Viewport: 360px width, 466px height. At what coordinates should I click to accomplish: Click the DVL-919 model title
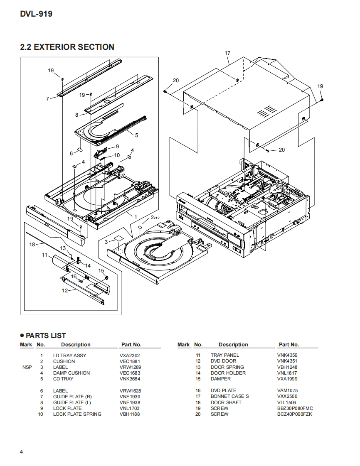(36, 14)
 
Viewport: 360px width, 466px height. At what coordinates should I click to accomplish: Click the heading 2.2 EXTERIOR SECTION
(67, 47)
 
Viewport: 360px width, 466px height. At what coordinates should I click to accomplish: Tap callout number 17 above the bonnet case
(227, 53)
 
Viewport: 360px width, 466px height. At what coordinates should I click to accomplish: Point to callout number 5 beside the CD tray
(137, 135)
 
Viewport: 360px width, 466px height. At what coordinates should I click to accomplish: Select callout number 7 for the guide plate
(48, 99)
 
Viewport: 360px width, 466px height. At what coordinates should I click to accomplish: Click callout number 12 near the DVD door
(64, 290)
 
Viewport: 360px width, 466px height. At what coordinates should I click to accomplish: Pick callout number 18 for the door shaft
(32, 244)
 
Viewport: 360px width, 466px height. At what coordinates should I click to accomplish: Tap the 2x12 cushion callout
(155, 218)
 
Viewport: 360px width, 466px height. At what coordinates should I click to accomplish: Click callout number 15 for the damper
(101, 270)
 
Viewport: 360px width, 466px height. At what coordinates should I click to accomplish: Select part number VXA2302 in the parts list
(130, 356)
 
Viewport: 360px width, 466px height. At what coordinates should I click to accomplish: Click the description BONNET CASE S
(230, 396)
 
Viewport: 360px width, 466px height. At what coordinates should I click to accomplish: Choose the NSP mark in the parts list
(27, 367)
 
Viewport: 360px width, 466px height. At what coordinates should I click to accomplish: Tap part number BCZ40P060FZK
(295, 414)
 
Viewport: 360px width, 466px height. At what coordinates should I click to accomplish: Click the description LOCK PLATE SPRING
(77, 414)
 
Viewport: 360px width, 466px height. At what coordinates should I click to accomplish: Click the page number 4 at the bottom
(22, 452)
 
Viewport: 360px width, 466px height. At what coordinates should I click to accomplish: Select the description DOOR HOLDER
(228, 373)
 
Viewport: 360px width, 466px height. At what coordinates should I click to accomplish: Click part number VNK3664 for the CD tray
(130, 379)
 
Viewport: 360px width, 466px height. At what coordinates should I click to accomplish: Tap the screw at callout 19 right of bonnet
(322, 100)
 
